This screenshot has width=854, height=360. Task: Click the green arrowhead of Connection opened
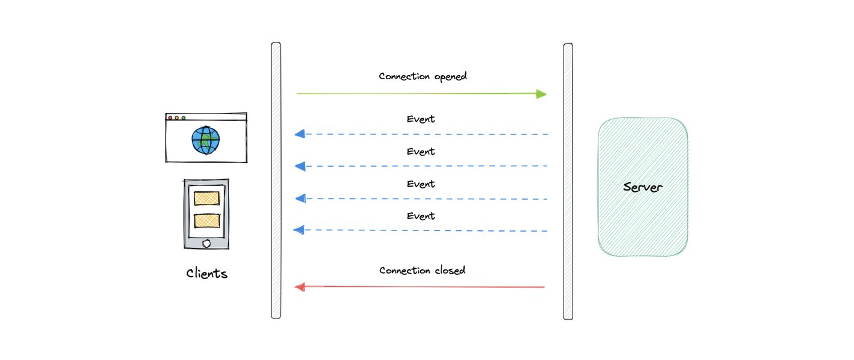click(x=541, y=94)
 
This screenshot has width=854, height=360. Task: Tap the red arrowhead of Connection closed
click(x=301, y=287)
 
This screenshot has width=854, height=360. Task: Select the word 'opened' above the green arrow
click(x=451, y=77)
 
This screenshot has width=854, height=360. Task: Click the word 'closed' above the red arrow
click(x=450, y=271)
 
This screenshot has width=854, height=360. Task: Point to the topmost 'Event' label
click(x=421, y=119)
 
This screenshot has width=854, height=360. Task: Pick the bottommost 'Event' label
click(x=421, y=216)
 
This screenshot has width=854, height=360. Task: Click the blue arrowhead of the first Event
click(x=300, y=134)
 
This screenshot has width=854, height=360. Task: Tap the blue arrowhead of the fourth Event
click(x=299, y=230)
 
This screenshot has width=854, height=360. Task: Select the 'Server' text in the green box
click(x=643, y=187)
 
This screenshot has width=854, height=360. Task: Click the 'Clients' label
click(x=206, y=273)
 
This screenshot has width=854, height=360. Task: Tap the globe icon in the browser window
click(x=206, y=140)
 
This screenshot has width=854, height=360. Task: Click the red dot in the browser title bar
click(x=170, y=118)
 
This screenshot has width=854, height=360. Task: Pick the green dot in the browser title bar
click(x=184, y=118)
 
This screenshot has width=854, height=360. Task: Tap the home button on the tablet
click(x=206, y=244)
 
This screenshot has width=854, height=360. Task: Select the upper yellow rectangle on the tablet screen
click(x=206, y=199)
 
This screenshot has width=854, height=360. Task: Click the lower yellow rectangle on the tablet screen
click(x=206, y=221)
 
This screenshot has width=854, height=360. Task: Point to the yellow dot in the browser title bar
click(x=177, y=118)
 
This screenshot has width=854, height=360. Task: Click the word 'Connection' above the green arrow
click(x=404, y=76)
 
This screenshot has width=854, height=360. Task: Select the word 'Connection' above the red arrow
click(x=404, y=271)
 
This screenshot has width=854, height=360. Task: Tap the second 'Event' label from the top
click(x=421, y=151)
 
